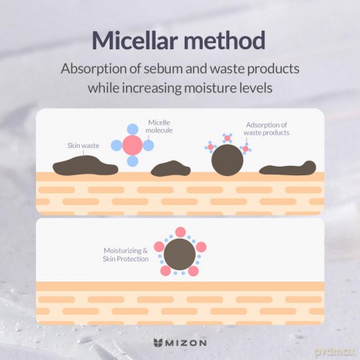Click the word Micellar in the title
pos(135,41)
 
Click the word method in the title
pos(225,41)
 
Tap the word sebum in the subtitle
pos(159,69)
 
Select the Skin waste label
pos(83,146)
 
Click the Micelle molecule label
pos(159,127)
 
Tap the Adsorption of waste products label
pos(266,128)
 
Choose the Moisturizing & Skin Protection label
pos(125,254)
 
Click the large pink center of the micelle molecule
pos(132,146)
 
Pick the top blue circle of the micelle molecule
pos(132,129)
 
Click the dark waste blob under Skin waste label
pos(85,165)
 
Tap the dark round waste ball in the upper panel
pos(227,160)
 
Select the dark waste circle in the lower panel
pos(179,254)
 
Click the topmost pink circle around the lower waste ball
pos(180,232)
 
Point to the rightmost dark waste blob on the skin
pos(287,168)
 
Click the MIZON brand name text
pos(186,343)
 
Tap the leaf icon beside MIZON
pos(158,343)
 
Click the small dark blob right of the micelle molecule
pos(171,168)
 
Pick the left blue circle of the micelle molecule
pos(117,146)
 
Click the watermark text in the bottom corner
pos(334,352)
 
